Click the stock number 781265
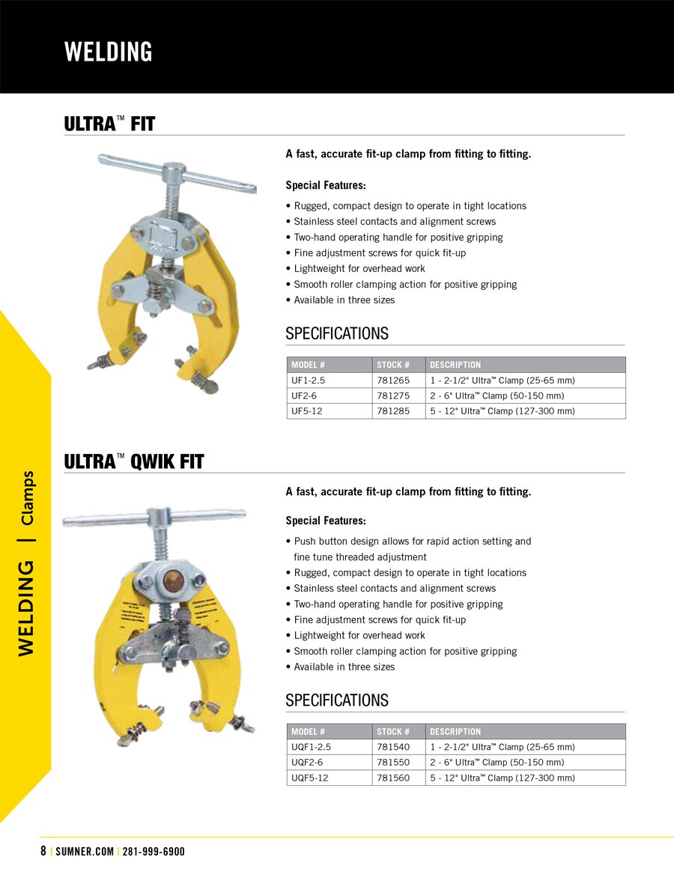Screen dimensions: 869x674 tap(393, 381)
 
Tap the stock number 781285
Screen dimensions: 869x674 tap(393, 411)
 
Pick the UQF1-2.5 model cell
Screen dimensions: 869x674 tap(311, 747)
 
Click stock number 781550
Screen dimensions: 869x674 tap(393, 763)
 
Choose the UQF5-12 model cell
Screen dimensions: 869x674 tap(309, 778)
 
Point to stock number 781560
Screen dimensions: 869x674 tap(393, 778)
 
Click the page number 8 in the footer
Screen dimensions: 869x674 tap(43, 852)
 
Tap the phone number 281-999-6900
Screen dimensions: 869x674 tap(153, 852)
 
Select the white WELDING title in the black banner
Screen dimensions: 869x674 tap(109, 52)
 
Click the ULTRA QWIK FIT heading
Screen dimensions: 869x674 tap(134, 461)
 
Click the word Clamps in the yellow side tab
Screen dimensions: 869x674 tap(27, 497)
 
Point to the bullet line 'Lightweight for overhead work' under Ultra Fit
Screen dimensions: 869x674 tap(359, 268)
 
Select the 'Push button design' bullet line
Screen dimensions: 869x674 tap(412, 541)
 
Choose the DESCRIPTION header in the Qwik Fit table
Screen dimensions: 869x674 tap(455, 731)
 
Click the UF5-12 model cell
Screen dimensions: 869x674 tap(306, 411)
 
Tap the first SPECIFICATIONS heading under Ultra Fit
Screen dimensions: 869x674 tap(337, 333)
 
